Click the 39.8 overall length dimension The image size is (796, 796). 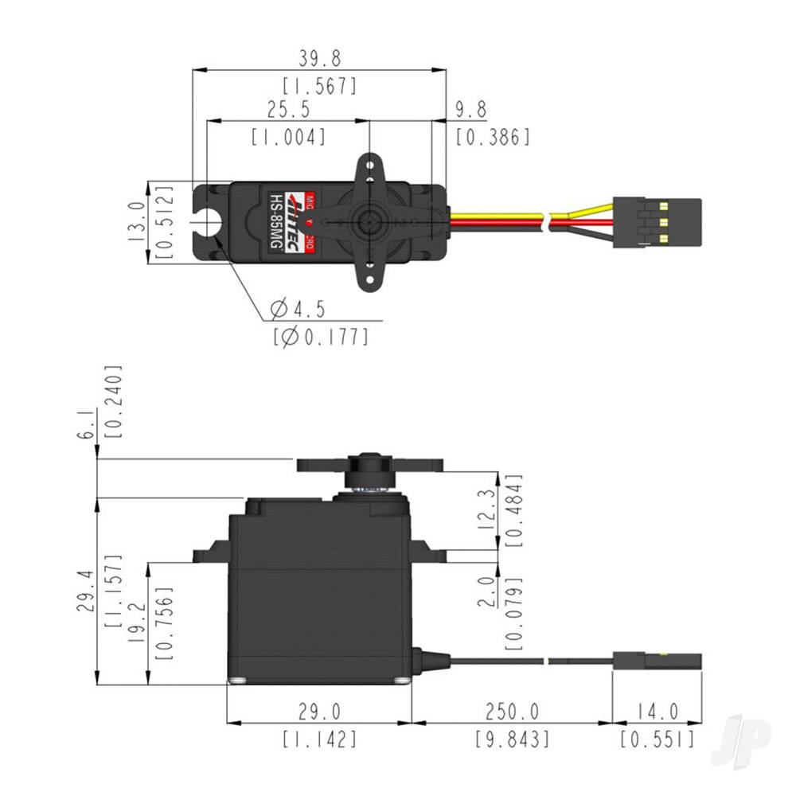pos(319,58)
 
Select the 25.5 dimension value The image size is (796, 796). pos(288,109)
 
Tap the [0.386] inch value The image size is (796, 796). pos(493,137)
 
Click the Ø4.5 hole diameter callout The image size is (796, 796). pos(298,309)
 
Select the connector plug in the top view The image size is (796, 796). pos(657,223)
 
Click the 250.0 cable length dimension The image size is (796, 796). pos(511,711)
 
